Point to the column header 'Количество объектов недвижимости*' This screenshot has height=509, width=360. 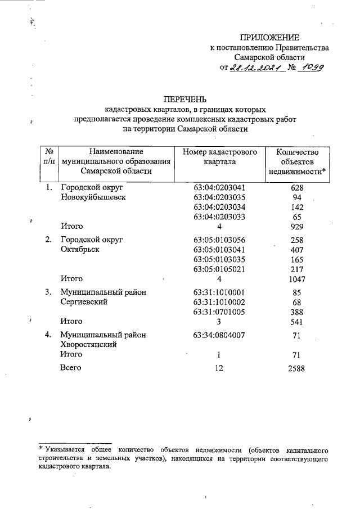tap(298, 161)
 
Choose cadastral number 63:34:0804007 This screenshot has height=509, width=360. tap(219, 335)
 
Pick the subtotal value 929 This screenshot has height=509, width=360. tap(298, 227)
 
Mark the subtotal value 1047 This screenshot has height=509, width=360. tap(298, 279)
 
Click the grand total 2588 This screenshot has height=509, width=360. tap(298, 368)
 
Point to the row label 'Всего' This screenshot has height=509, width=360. tap(71, 368)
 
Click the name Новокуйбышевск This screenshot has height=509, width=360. tap(93, 197)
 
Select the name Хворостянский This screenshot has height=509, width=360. tap(88, 345)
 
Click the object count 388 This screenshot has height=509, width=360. tap(298, 312)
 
